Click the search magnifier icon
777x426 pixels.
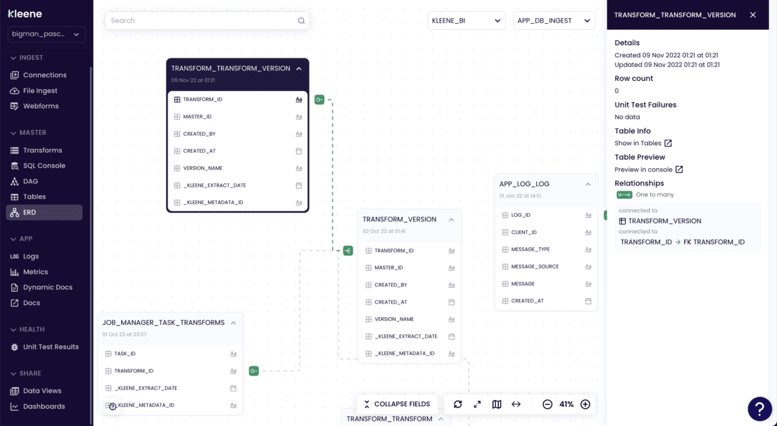click(x=301, y=21)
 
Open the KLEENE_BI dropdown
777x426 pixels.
click(x=466, y=21)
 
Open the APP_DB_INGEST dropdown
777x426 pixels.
click(x=553, y=21)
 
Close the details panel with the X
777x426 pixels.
click(x=753, y=15)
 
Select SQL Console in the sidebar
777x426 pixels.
click(x=44, y=165)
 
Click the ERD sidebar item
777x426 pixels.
click(x=30, y=212)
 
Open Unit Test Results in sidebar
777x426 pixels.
click(x=51, y=347)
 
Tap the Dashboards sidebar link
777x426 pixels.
click(x=44, y=406)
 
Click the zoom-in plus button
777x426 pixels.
click(x=585, y=404)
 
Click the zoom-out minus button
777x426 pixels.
click(x=547, y=404)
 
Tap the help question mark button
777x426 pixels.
click(x=760, y=409)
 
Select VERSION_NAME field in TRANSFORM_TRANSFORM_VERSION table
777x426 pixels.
click(x=203, y=168)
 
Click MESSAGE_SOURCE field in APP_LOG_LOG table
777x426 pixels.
click(x=535, y=266)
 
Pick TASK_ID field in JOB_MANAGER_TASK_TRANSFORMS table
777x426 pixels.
click(x=125, y=354)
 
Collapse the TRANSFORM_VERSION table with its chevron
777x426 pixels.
click(x=451, y=220)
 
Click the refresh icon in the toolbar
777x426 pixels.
click(x=458, y=404)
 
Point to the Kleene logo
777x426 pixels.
click(x=26, y=13)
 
